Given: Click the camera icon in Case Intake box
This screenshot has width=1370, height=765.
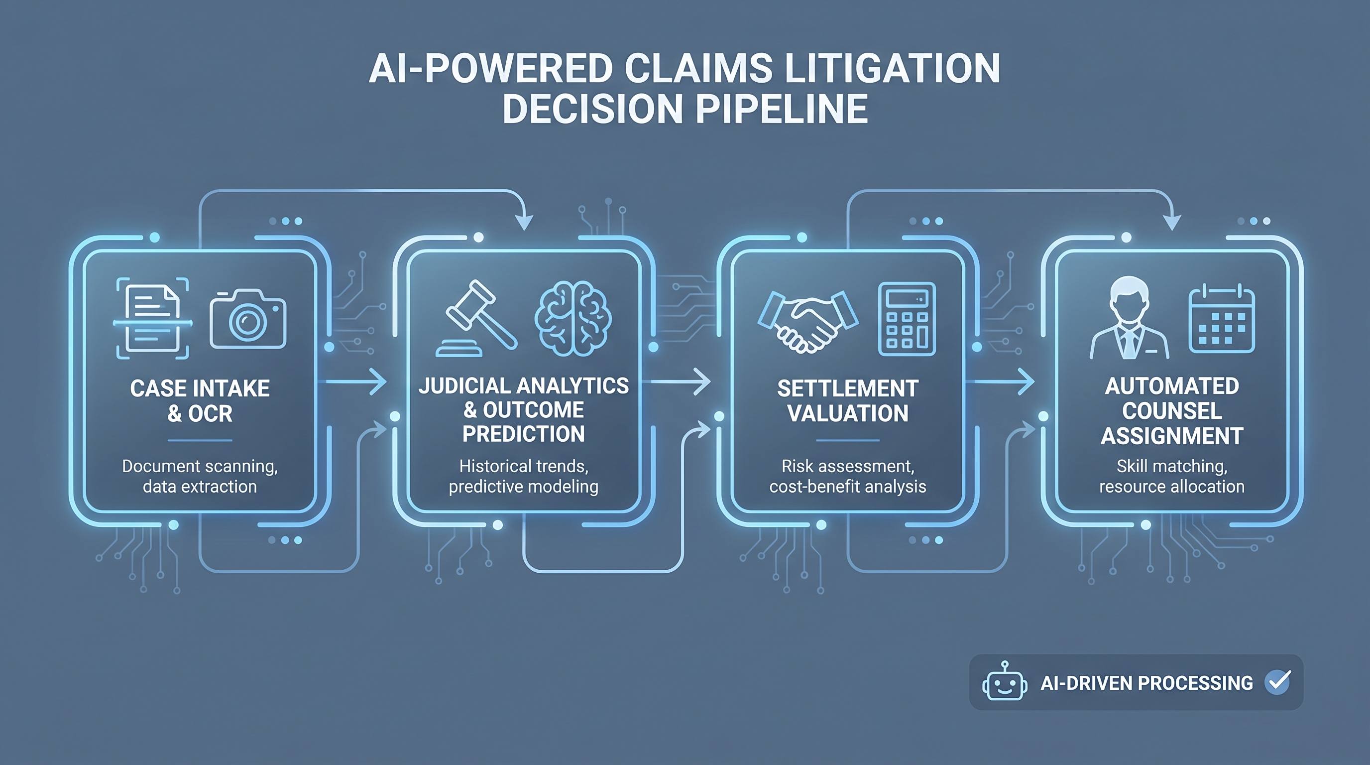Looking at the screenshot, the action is click(248, 319).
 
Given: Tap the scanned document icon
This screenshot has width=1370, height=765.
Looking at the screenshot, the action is click(153, 318).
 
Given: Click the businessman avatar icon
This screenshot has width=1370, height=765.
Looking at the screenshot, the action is click(1130, 318).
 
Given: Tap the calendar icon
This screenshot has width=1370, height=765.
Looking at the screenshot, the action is click(1222, 318).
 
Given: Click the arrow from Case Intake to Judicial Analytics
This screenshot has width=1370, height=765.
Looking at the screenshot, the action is click(355, 382).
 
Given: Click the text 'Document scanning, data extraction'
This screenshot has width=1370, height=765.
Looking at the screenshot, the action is click(200, 476).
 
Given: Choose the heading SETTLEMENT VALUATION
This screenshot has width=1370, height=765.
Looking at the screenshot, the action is click(848, 400).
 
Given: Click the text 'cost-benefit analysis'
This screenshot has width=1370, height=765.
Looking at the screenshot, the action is click(848, 486).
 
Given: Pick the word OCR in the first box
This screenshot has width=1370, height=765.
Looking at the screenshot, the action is click(211, 413).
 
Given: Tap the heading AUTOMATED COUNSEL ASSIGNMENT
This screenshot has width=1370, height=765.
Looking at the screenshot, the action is click(1172, 411).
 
